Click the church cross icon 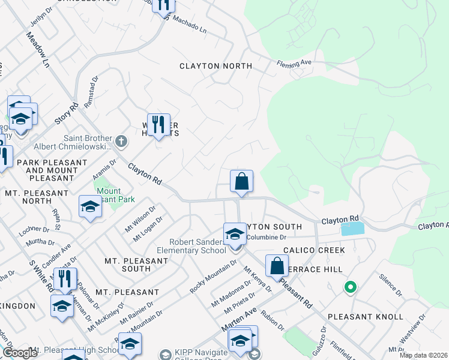121,142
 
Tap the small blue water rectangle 352,229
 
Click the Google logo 20,353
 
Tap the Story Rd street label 67,114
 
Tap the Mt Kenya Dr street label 257,280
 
